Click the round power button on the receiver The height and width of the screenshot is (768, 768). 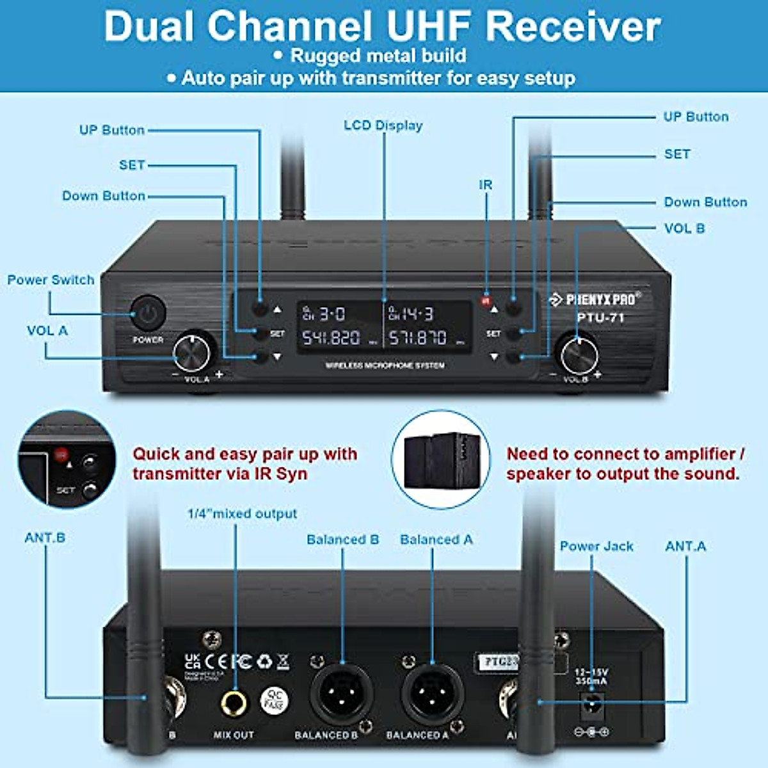[148, 314]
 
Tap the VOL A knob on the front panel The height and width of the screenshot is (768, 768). [191, 351]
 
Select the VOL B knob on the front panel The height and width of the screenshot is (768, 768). [579, 354]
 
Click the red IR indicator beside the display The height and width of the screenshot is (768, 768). [486, 300]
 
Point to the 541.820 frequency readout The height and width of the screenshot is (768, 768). [331, 337]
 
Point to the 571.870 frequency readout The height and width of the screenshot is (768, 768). [418, 337]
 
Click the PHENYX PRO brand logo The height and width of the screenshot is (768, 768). [595, 299]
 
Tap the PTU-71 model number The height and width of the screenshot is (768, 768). [600, 317]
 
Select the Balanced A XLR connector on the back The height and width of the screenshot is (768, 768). [428, 696]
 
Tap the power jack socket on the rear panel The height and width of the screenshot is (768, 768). [592, 705]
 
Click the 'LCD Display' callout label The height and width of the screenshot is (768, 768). [383, 125]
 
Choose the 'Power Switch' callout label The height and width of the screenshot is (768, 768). [51, 280]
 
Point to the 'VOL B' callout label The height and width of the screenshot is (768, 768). [684, 228]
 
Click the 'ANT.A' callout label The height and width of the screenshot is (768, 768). [685, 546]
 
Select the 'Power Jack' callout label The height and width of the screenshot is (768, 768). [596, 546]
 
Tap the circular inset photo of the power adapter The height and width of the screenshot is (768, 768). [440, 460]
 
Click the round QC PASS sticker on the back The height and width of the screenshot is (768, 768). [275, 701]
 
